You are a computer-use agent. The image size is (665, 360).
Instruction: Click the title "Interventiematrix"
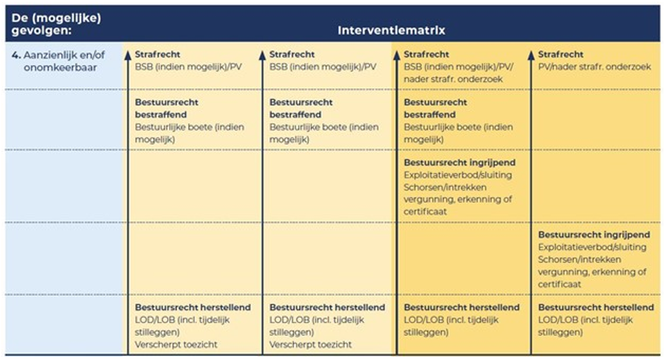[x=392, y=30]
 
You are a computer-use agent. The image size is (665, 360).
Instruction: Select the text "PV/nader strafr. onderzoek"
[x=595, y=67]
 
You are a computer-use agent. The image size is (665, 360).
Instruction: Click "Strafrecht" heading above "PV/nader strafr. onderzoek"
[x=561, y=55]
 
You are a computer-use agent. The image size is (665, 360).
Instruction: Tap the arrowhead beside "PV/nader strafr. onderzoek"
[x=531, y=55]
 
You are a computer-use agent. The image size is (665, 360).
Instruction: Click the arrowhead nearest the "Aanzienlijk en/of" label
[x=128, y=55]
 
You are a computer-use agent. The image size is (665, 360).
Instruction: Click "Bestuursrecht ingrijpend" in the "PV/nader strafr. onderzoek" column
[x=594, y=235]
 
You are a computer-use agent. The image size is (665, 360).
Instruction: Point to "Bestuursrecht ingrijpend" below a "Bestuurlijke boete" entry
[x=459, y=163]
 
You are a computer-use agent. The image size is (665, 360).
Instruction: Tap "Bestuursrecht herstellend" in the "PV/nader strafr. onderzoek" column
[x=595, y=307]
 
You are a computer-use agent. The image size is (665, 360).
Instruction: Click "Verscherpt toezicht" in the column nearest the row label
[x=176, y=345]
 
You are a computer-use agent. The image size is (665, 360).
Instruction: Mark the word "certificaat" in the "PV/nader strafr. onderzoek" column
[x=559, y=284]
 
